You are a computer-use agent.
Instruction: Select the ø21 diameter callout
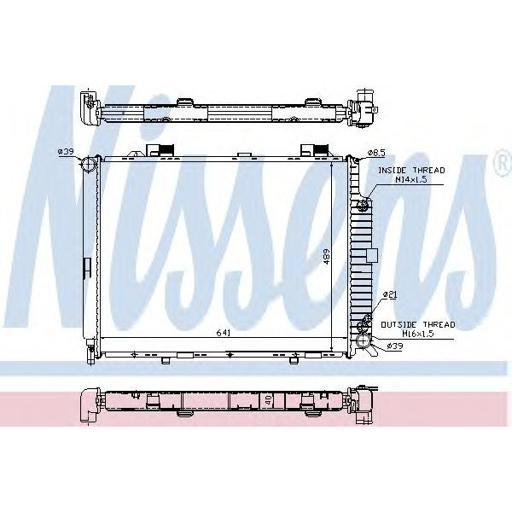point(389,295)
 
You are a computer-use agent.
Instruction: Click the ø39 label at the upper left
point(66,152)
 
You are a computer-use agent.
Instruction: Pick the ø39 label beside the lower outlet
point(394,346)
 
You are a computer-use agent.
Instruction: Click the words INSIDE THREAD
point(404,172)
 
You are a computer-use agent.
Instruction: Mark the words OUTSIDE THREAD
point(417,324)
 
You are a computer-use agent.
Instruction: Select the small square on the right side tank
point(371,254)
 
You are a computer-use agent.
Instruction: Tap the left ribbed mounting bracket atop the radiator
point(159,150)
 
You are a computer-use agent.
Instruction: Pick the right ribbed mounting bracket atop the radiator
point(312,150)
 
